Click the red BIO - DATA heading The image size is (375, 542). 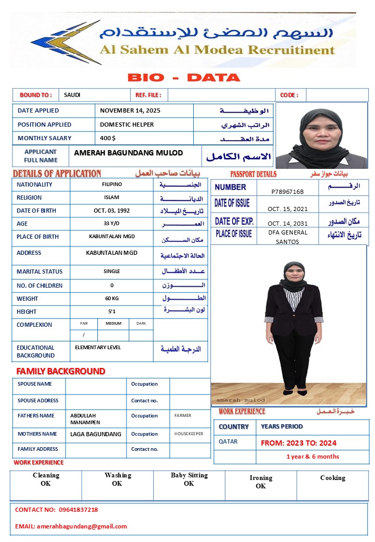pyautogui.click(x=184, y=78)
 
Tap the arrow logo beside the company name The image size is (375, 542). pyautogui.click(x=65, y=42)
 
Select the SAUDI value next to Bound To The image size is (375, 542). pyautogui.click(x=72, y=95)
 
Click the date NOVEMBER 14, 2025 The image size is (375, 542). pyautogui.click(x=130, y=110)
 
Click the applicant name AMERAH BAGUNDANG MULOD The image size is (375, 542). pyautogui.click(x=129, y=153)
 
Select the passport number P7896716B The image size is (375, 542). pyautogui.click(x=287, y=192)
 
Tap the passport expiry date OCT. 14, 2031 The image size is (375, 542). pyautogui.click(x=287, y=223)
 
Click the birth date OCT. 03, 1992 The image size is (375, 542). pyautogui.click(x=111, y=211)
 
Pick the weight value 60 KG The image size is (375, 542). pyautogui.click(x=111, y=299)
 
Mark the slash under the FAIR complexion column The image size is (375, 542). pyautogui.click(x=83, y=335)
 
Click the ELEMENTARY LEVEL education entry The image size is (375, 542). pyautogui.click(x=98, y=348)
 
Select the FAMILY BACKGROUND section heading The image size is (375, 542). pyautogui.click(x=61, y=371)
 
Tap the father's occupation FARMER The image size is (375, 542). pyautogui.click(x=183, y=415)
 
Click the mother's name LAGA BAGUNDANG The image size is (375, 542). pyautogui.click(x=96, y=434)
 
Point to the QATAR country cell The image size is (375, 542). pyautogui.click(x=228, y=441)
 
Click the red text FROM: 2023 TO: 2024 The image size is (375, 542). pyautogui.click(x=298, y=443)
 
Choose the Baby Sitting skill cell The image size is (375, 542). pyautogui.click(x=189, y=479)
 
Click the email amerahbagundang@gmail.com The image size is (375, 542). pyautogui.click(x=82, y=526)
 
